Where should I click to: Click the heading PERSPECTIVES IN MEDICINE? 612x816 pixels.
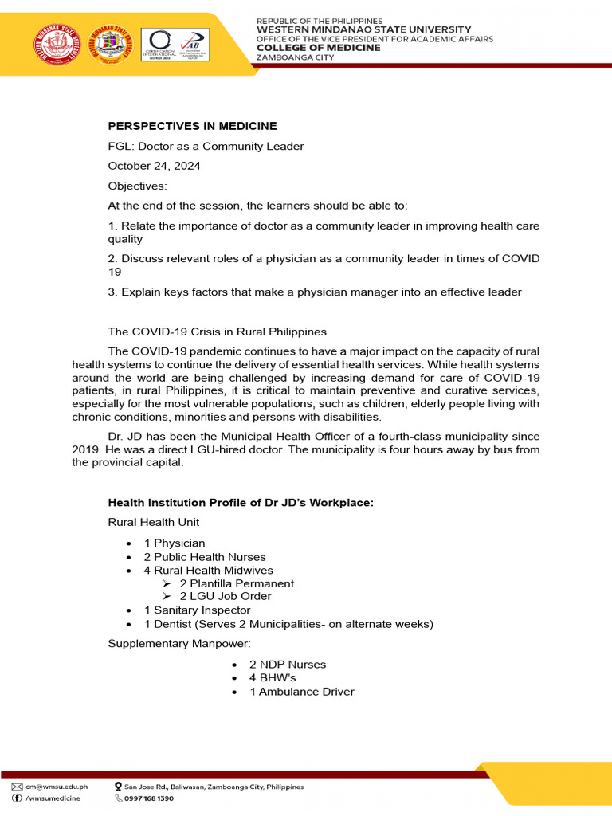(x=192, y=126)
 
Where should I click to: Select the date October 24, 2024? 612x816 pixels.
(x=155, y=166)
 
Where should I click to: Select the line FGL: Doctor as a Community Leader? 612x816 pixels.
(x=206, y=146)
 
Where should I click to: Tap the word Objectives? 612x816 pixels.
(x=138, y=186)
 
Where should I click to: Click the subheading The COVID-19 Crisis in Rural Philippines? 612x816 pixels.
(x=217, y=331)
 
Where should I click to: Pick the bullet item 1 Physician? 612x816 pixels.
(x=175, y=543)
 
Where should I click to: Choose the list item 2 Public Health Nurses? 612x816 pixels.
(x=205, y=557)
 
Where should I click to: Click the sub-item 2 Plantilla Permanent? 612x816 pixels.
(x=237, y=583)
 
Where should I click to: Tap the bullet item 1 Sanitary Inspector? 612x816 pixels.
(x=197, y=610)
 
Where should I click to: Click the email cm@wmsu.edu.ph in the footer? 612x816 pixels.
(x=57, y=787)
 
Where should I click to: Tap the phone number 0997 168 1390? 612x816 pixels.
(x=149, y=798)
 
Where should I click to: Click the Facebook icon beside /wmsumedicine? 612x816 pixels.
(x=17, y=798)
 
